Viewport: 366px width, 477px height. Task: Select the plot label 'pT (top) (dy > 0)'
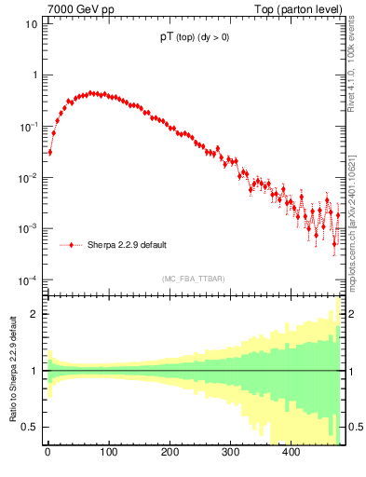pos(195,38)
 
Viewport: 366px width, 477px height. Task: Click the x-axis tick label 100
pos(108,453)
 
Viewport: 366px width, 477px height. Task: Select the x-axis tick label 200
pos(169,453)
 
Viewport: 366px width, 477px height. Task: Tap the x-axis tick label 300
pos(230,453)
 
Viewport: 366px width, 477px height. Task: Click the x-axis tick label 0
pos(47,453)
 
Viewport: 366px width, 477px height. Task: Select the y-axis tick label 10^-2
pos(29,177)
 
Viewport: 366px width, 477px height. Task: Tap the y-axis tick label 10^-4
pos(29,279)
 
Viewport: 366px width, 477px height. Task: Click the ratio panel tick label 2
pos(34,314)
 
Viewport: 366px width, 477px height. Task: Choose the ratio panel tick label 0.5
pos(30,427)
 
